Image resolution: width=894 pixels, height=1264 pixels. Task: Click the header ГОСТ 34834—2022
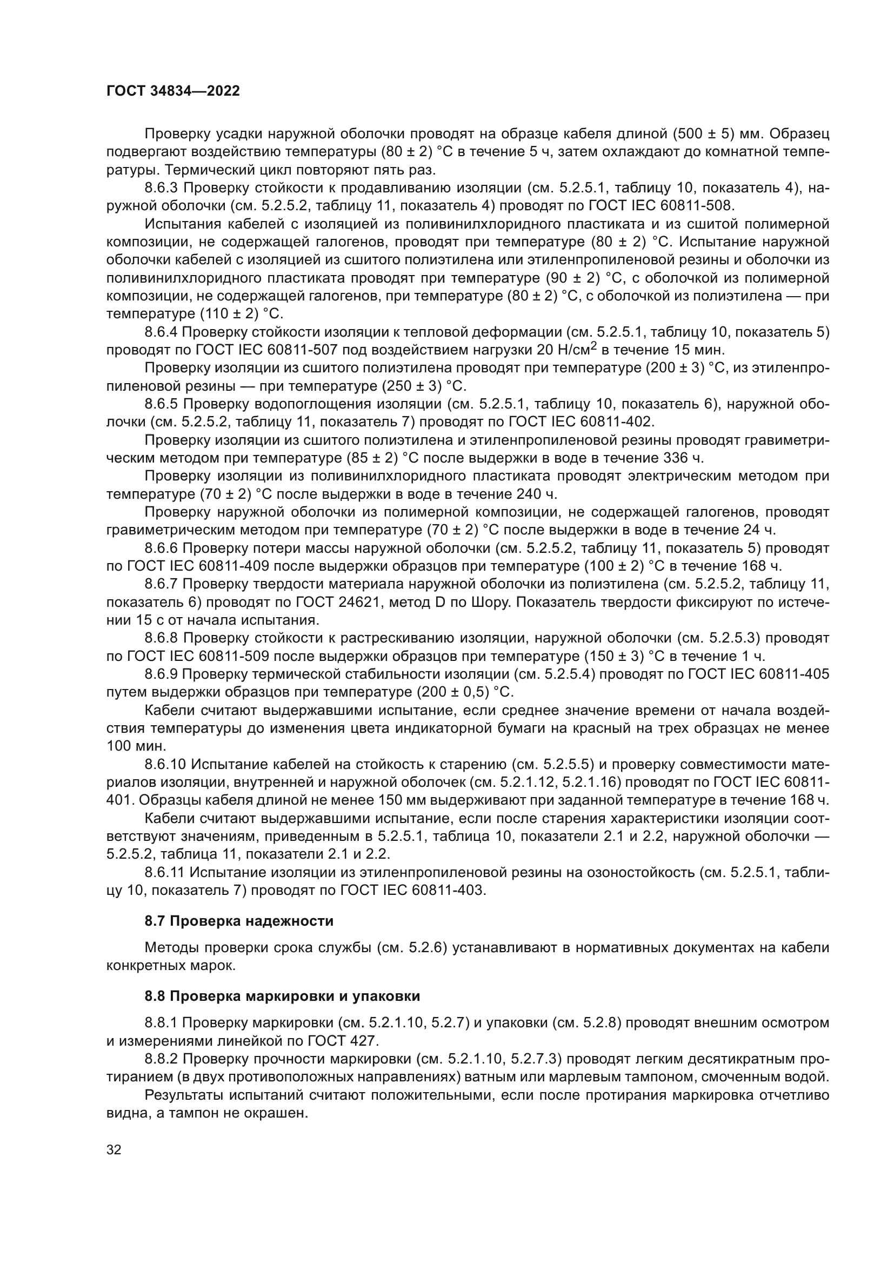tap(173, 91)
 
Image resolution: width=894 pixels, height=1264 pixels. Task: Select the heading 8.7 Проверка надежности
tap(239, 921)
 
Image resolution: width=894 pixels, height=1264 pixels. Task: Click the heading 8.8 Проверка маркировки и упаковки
tap(282, 996)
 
